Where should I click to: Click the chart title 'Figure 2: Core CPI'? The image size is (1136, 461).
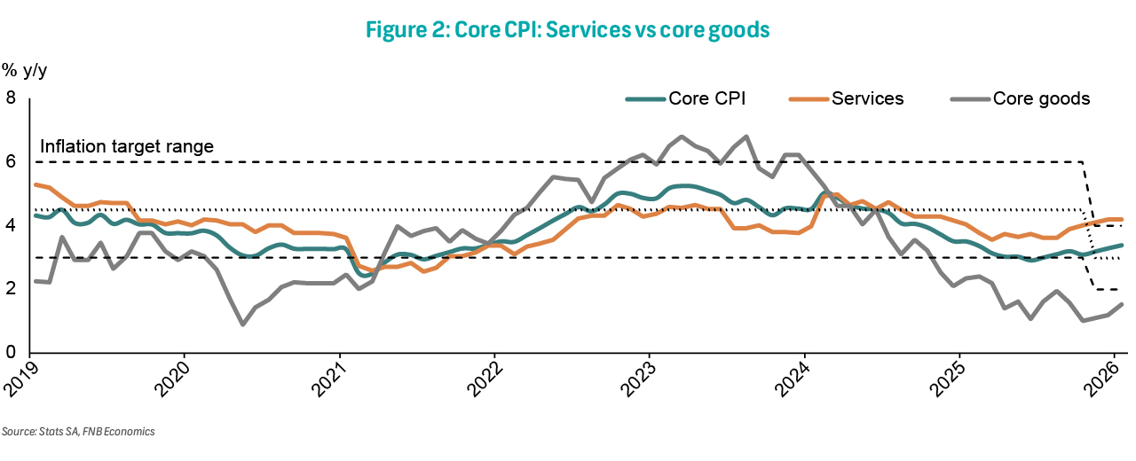(567, 29)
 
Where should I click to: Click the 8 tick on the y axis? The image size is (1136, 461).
(12, 98)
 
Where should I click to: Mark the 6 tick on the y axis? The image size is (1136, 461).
(12, 162)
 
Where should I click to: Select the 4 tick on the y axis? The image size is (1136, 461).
(12, 226)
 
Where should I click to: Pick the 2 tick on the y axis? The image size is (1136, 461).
(12, 290)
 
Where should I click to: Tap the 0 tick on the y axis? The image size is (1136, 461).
(12, 353)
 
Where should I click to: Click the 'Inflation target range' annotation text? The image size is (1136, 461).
(127, 146)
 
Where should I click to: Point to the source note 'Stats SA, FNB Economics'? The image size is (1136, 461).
(78, 432)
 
